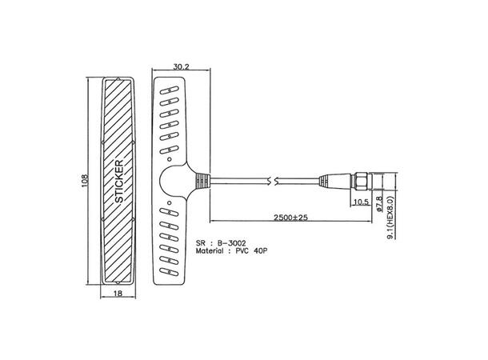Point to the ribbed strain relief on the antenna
tap(205, 181)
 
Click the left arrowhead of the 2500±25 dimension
tap(213, 222)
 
